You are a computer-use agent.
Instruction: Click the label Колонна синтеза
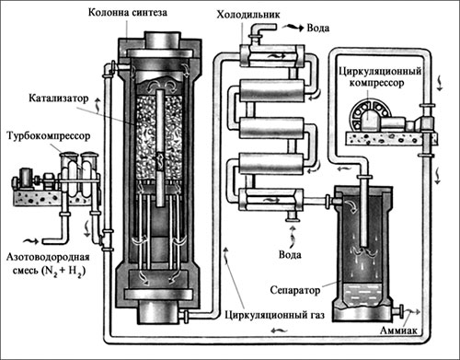(128, 12)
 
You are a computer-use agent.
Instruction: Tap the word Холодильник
(248, 15)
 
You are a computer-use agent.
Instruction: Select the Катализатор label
(59, 99)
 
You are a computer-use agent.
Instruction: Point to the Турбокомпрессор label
(49, 135)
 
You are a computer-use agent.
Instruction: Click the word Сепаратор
(295, 290)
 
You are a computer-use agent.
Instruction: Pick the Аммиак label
(398, 331)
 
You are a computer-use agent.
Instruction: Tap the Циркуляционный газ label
(274, 315)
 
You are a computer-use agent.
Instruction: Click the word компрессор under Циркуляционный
(376, 83)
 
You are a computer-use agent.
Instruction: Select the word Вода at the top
(318, 28)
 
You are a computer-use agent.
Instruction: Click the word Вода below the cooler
(290, 254)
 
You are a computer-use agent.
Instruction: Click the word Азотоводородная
(48, 257)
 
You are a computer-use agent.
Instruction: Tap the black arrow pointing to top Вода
(293, 28)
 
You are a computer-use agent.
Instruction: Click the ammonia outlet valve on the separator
(398, 311)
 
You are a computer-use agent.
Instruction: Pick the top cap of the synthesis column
(161, 40)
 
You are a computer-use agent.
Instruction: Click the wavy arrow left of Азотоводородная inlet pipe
(31, 241)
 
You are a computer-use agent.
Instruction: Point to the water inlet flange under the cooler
(293, 216)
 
